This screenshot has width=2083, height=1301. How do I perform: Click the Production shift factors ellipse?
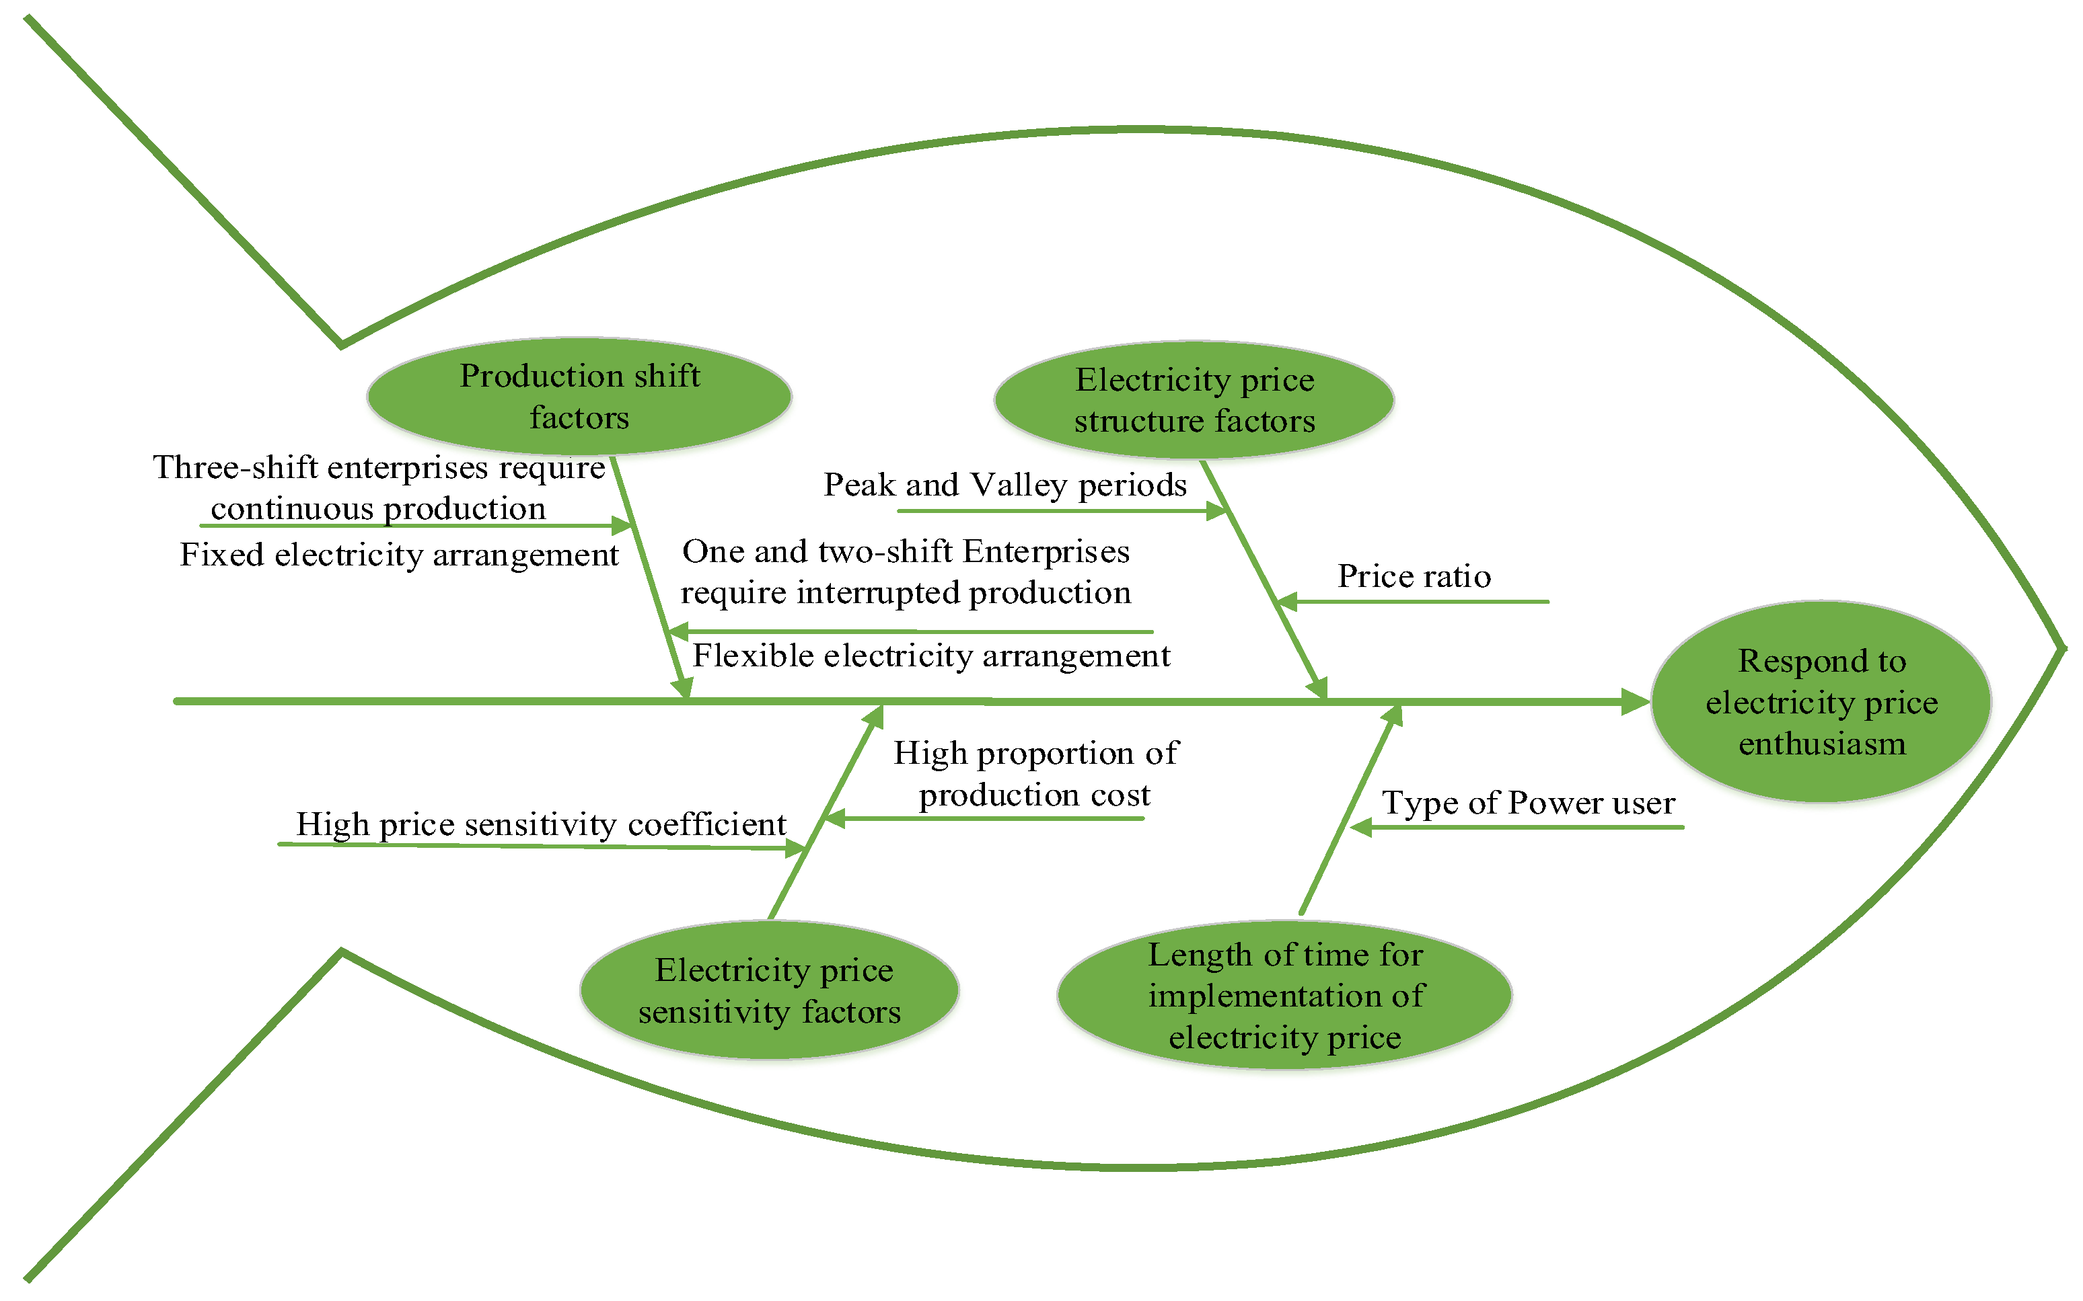click(x=579, y=396)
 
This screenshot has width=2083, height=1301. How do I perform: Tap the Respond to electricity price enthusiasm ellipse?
click(x=1821, y=701)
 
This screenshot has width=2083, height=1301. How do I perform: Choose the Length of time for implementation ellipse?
click(x=1284, y=996)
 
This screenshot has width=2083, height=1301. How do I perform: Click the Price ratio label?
click(x=1414, y=576)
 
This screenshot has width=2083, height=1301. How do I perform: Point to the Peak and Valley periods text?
click(x=1004, y=485)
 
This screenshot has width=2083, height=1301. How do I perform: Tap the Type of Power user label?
click(x=1528, y=802)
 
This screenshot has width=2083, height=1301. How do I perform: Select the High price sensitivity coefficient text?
click(x=540, y=824)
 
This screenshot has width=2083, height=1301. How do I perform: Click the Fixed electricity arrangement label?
click(x=398, y=554)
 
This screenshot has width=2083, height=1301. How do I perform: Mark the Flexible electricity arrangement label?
click(x=930, y=656)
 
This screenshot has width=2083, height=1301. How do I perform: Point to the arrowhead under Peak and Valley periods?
click(x=1216, y=511)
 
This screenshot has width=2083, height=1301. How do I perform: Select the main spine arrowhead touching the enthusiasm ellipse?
click(x=1636, y=701)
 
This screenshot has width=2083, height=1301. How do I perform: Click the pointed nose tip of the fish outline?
click(x=2063, y=648)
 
